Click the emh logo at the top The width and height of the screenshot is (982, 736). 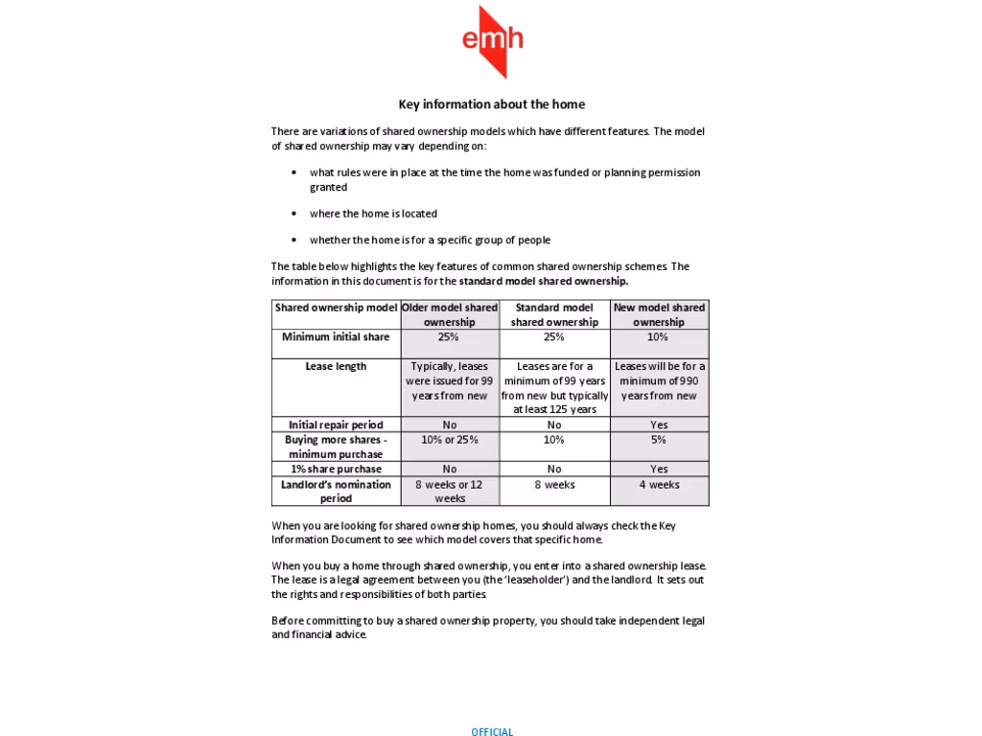[492, 40]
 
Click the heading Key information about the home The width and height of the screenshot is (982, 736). [491, 104]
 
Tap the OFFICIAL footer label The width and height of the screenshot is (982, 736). [492, 731]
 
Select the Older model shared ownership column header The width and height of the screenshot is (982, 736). [450, 314]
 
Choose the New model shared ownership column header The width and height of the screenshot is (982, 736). [659, 314]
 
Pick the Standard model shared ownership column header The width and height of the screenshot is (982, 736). [554, 314]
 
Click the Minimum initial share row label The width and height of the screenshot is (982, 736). [336, 337]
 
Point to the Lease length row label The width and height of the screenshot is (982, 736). [336, 366]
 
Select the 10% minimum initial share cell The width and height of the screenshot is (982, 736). [659, 337]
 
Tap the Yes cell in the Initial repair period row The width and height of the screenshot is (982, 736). [659, 425]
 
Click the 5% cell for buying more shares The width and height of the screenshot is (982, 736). [659, 440]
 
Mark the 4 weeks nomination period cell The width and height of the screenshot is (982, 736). [659, 485]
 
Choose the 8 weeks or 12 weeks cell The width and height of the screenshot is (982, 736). [450, 491]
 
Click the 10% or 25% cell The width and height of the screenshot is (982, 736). [450, 440]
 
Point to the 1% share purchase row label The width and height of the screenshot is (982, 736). [336, 470]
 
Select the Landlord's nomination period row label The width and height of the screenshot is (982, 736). [336, 491]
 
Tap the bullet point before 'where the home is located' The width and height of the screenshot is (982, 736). [293, 214]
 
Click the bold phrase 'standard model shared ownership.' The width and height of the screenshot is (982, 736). [544, 282]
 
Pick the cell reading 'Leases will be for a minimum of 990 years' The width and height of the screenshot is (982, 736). [659, 380]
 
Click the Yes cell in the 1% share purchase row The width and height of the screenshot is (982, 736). [659, 470]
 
